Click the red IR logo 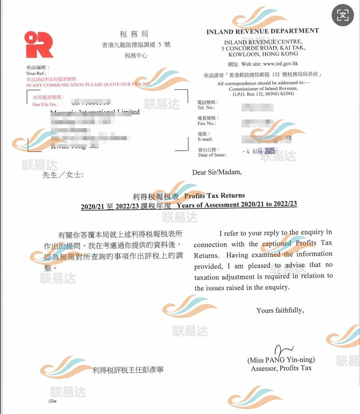coord(38,44)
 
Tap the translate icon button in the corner coord(342,15)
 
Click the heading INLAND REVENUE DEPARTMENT coord(262,32)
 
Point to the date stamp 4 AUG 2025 coord(259,152)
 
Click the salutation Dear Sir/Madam coord(217,172)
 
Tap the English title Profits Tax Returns coord(214,195)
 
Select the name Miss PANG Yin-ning coord(281,360)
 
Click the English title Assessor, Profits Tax coord(281,368)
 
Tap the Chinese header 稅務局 coord(134,34)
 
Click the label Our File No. coord(42,104)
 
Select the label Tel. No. coord(206,108)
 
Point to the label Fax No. coord(206,124)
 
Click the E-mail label coord(206,139)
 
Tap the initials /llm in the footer coord(52,401)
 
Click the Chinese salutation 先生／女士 coord(63,175)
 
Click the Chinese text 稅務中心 coord(136,56)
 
